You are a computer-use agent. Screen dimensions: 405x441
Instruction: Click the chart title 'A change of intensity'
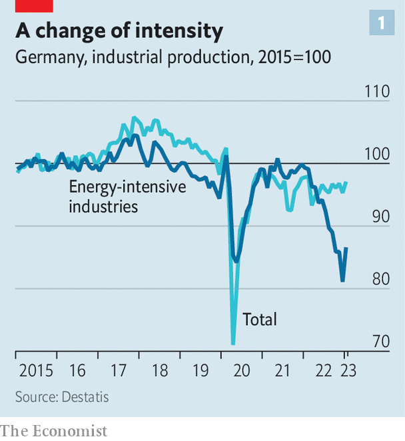[x=119, y=31]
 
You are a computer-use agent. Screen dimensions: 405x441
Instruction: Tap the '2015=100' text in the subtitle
[x=294, y=57]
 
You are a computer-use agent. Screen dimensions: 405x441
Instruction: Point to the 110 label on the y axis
[x=377, y=91]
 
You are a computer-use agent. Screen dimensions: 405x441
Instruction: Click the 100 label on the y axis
[x=377, y=154]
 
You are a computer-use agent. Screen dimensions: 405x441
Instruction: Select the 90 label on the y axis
[x=381, y=217]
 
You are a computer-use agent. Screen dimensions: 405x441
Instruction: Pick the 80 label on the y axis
[x=381, y=279]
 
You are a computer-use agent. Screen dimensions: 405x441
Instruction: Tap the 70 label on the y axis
[x=381, y=342]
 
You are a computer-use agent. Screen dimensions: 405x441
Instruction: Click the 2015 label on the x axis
[x=36, y=370]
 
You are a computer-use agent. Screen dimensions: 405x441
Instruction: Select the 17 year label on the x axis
[x=119, y=370]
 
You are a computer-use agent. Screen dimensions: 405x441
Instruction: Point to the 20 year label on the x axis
[x=242, y=370]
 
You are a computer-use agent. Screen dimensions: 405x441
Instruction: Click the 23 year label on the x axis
[x=348, y=370]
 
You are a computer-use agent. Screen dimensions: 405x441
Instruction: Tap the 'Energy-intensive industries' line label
[x=127, y=197]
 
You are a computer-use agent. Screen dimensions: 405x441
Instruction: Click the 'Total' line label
[x=260, y=319]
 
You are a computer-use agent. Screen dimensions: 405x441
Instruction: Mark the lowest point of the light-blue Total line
[x=233, y=343]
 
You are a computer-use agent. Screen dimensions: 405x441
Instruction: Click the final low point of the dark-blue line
[x=342, y=280]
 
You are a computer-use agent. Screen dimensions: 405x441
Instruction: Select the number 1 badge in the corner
[x=382, y=23]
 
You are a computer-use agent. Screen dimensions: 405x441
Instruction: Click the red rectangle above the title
[x=34, y=6]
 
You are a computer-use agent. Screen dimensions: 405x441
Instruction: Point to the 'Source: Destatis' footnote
[x=62, y=397]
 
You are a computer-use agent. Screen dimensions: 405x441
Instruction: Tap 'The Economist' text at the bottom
[x=54, y=431]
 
